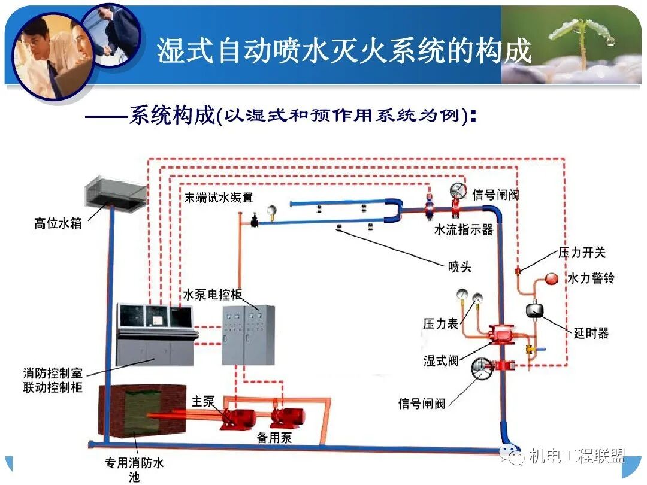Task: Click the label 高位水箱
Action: tap(58, 225)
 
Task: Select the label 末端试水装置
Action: tap(218, 198)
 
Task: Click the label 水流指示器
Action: tap(463, 230)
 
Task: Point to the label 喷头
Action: tap(459, 266)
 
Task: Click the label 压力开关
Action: tap(582, 252)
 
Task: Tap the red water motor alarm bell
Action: tap(551, 279)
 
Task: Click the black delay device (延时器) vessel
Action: tap(534, 310)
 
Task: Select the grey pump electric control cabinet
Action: tap(248, 335)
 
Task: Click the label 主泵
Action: tap(202, 401)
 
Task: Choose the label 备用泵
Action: tap(274, 438)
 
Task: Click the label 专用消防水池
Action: tap(134, 469)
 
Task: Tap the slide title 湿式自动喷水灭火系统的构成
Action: tap(344, 50)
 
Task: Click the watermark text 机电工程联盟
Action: tap(577, 457)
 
